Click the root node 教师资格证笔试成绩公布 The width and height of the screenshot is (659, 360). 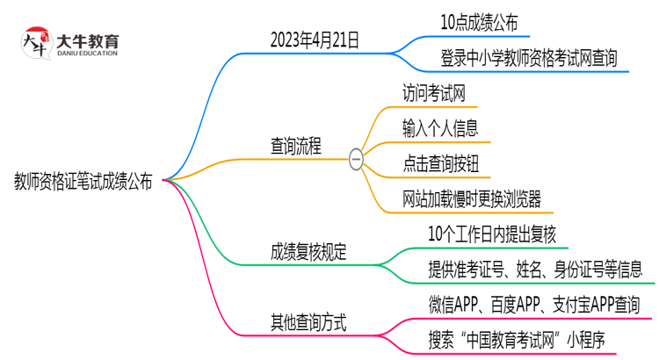pos(83,182)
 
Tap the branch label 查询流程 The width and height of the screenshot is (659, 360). pos(295,147)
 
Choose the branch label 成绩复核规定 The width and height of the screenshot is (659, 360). pos(308,253)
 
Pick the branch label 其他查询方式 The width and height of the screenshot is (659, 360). pos(308,321)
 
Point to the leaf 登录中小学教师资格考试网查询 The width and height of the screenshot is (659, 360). pos(529,58)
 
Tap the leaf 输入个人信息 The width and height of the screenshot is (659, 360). pos(440,128)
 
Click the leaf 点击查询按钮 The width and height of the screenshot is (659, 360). pos(440,163)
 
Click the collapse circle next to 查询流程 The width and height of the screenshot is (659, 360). pos(356,159)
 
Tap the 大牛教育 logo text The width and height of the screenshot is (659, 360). pos(87,40)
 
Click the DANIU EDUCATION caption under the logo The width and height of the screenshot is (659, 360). pos(86,54)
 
